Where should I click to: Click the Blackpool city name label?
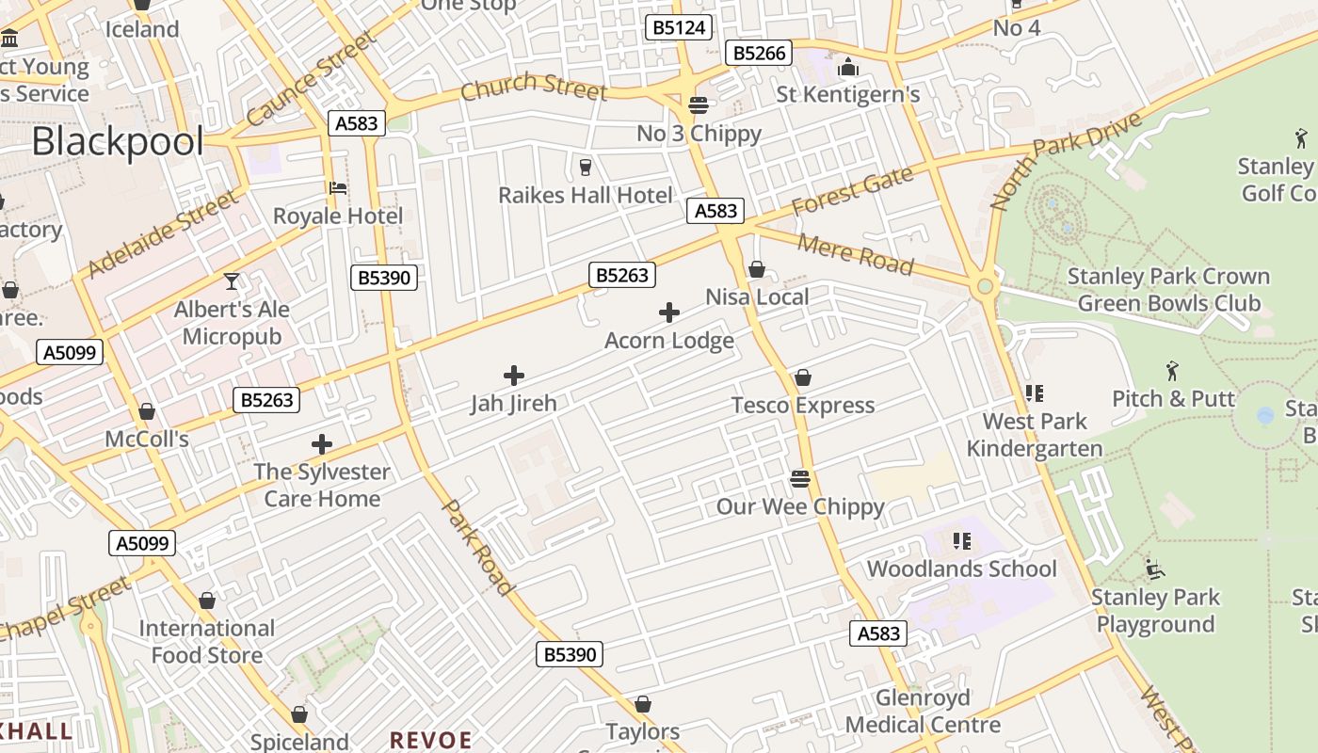point(118,142)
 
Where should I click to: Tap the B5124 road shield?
point(679,27)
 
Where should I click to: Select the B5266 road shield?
point(759,53)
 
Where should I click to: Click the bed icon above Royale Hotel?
point(338,187)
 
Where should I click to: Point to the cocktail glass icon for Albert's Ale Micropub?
point(232,280)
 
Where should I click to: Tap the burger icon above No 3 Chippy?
point(698,104)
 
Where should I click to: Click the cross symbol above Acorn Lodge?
point(669,312)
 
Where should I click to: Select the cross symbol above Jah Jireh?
point(514,376)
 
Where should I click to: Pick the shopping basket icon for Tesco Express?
point(803,377)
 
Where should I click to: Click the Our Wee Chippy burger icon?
point(800,479)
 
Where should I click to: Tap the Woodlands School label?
point(961,569)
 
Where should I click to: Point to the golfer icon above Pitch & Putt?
point(1172,371)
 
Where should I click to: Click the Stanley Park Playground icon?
point(1155,569)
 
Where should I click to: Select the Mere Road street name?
point(855,254)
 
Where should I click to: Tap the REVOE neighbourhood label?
point(431,739)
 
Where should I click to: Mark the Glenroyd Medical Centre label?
point(923,712)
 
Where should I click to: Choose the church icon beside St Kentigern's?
point(848,67)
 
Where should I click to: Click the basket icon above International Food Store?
point(207,601)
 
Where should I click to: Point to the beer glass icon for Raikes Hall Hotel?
point(586,168)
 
